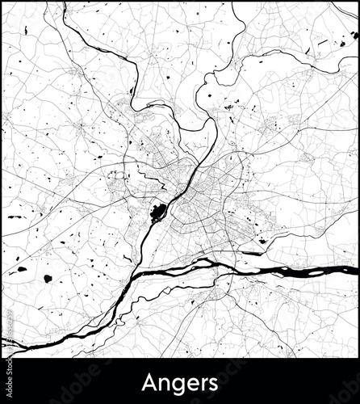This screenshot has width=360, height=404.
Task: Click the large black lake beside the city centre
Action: click(x=157, y=213)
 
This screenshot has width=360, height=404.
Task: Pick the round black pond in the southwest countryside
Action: click(x=48, y=279)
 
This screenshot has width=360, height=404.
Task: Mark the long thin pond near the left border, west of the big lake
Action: click(x=16, y=217)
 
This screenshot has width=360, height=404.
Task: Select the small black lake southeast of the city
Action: click(x=262, y=240)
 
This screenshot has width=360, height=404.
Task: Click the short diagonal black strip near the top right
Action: click(x=322, y=42)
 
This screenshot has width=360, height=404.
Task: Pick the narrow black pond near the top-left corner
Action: click(x=26, y=31)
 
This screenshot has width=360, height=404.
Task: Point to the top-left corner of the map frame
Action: click(x=2, y=2)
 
